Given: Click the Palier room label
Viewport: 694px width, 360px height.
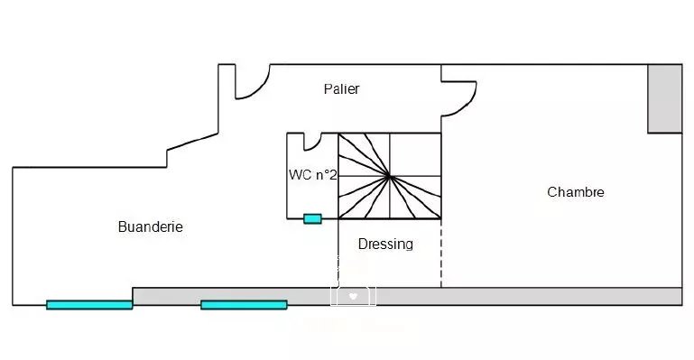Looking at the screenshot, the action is point(341,89).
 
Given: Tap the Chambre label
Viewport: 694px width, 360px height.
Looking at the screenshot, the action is point(576,192).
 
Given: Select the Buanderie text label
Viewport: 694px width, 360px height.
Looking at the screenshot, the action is point(151,226).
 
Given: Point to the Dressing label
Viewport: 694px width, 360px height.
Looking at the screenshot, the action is point(385,245).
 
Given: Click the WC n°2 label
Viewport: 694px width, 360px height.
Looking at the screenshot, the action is point(313,175).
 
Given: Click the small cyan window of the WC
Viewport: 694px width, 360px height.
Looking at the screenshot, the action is point(312,219).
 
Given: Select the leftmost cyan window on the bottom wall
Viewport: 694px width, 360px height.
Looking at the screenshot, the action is point(89,305).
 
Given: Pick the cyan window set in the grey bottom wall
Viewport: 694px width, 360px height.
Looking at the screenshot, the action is point(244,305).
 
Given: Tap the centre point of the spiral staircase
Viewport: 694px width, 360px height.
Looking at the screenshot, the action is point(390,177).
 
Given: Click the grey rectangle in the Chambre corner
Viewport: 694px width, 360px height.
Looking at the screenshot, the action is point(665,98).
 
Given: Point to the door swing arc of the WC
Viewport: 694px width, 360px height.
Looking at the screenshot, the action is point(313,146).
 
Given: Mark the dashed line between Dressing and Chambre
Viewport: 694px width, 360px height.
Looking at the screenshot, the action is point(440,253).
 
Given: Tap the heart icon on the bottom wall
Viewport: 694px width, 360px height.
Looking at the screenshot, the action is point(353,296).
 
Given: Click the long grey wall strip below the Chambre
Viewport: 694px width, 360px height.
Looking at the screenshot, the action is point(529,296).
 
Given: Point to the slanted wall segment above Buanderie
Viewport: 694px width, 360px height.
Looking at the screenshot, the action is point(192,142).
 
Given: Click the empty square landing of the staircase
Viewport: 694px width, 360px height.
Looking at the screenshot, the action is point(415,155).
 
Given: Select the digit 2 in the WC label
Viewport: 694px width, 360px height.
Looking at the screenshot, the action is point(333,175).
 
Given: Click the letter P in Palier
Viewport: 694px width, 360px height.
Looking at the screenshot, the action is point(328,89).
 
